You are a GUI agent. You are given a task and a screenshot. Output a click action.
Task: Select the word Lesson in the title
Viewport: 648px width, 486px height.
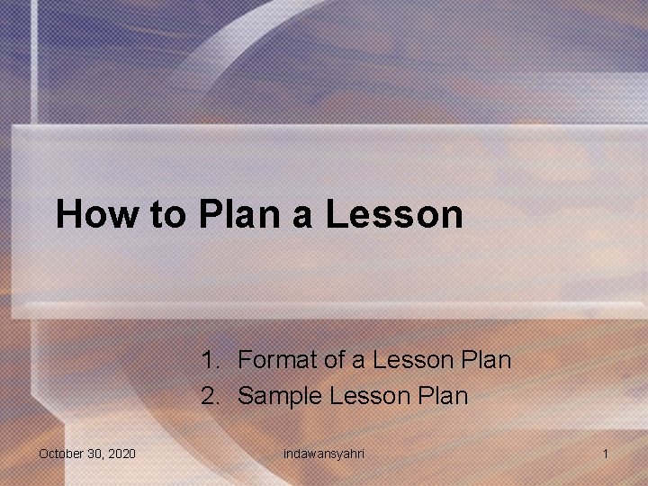(x=394, y=215)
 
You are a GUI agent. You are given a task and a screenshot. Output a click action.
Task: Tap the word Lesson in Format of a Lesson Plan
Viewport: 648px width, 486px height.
(x=411, y=361)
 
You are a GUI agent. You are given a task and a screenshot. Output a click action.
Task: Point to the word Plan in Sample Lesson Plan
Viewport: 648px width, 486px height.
(x=444, y=396)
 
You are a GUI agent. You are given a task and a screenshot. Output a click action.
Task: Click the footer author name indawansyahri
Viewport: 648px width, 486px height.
(x=324, y=454)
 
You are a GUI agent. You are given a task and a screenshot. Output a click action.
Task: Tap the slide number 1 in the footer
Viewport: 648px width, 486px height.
(x=606, y=454)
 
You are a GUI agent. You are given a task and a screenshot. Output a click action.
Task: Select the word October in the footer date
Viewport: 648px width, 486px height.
(x=59, y=454)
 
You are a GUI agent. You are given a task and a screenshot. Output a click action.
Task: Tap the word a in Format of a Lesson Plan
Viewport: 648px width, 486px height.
(x=358, y=361)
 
